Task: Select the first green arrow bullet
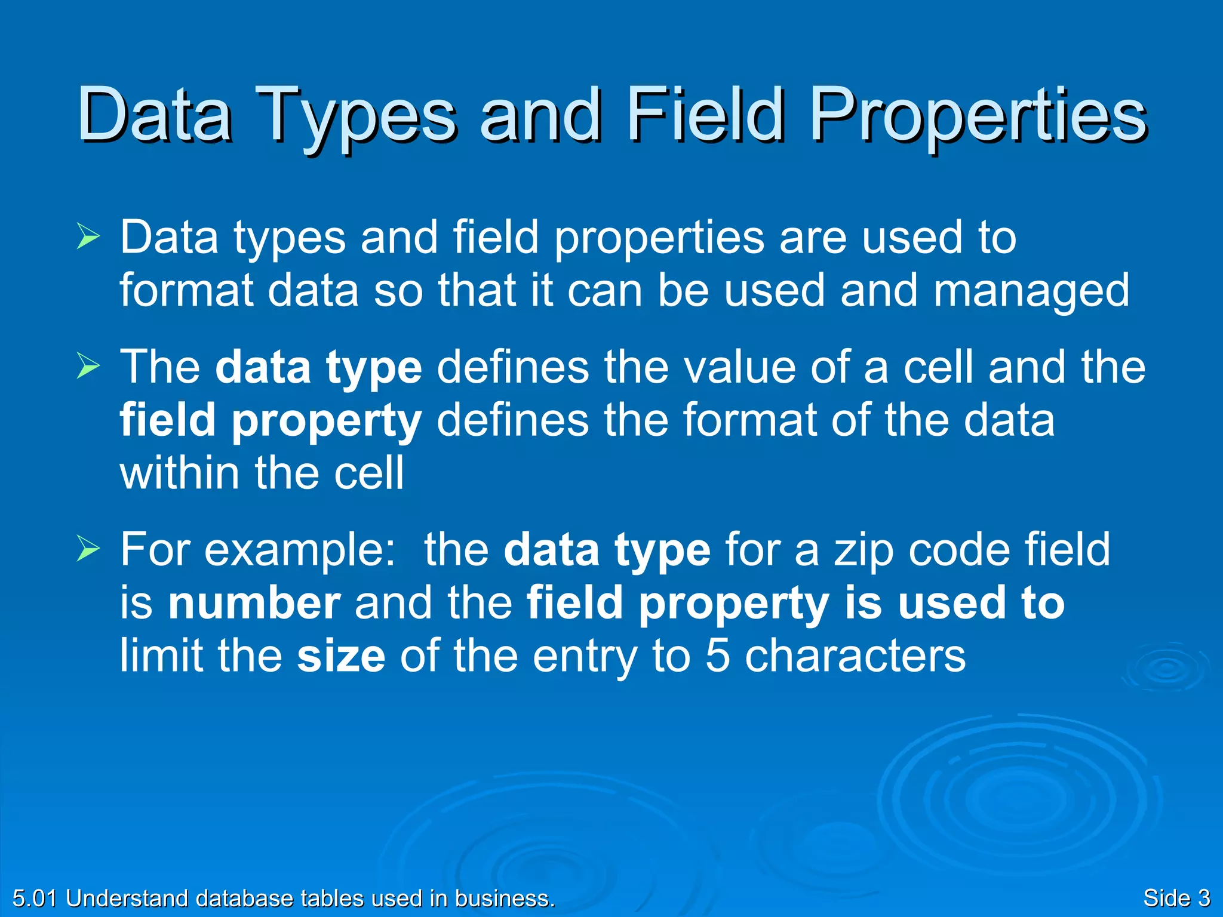pos(88,238)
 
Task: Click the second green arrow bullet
pos(88,367)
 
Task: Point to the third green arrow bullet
pos(88,550)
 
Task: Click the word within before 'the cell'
pos(180,473)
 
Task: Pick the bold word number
pos(254,603)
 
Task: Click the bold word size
pos(341,656)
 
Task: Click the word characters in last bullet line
pos(855,656)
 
